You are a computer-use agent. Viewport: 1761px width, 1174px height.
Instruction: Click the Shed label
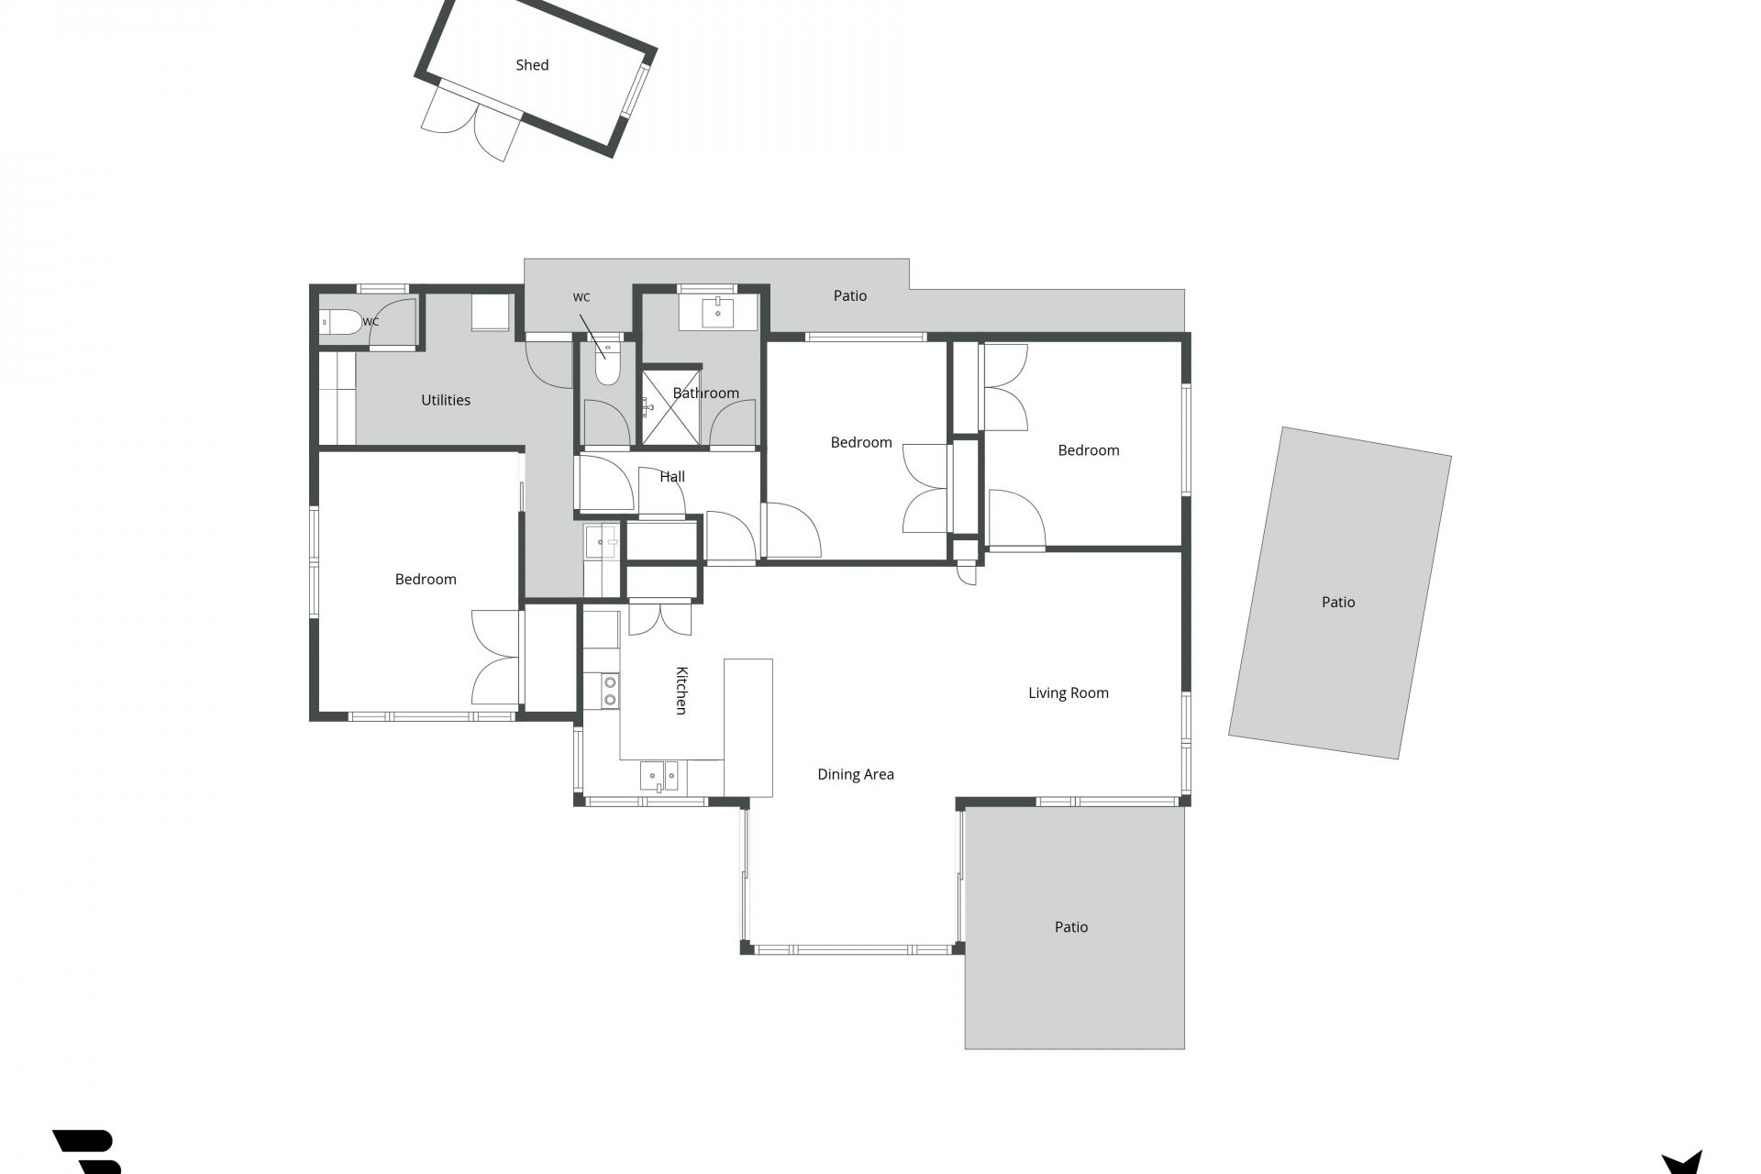coord(532,65)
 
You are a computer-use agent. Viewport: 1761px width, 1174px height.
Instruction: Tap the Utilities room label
coord(446,400)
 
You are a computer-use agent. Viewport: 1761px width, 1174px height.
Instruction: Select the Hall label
coord(672,477)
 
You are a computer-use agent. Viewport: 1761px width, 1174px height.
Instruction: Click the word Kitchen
coord(681,691)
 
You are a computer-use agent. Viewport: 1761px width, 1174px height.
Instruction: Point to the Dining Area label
coord(856,775)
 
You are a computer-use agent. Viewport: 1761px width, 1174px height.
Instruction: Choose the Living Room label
coord(1069,693)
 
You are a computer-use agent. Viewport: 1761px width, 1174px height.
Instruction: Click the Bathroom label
coord(706,393)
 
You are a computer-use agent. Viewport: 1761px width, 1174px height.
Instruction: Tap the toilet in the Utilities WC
coord(340,323)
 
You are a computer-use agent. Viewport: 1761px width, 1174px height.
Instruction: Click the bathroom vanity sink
coord(718,312)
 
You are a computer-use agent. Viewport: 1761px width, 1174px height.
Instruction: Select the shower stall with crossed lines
coord(670,408)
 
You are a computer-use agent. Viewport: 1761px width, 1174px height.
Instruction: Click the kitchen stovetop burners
coord(610,691)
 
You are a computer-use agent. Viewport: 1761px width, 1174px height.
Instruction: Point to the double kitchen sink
coord(659,776)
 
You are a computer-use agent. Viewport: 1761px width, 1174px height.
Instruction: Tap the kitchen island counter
coord(748,727)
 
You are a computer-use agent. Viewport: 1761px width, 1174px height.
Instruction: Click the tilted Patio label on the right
coord(1338,603)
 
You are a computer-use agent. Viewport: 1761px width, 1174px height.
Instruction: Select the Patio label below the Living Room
coord(1071,927)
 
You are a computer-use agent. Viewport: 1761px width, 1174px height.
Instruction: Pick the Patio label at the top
coord(850,296)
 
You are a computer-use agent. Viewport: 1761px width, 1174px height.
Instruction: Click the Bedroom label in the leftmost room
coord(426,580)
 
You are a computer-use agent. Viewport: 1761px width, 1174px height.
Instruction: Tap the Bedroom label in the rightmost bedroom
coord(1089,450)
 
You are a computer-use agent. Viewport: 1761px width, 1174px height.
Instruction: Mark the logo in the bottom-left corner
coord(88,1152)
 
